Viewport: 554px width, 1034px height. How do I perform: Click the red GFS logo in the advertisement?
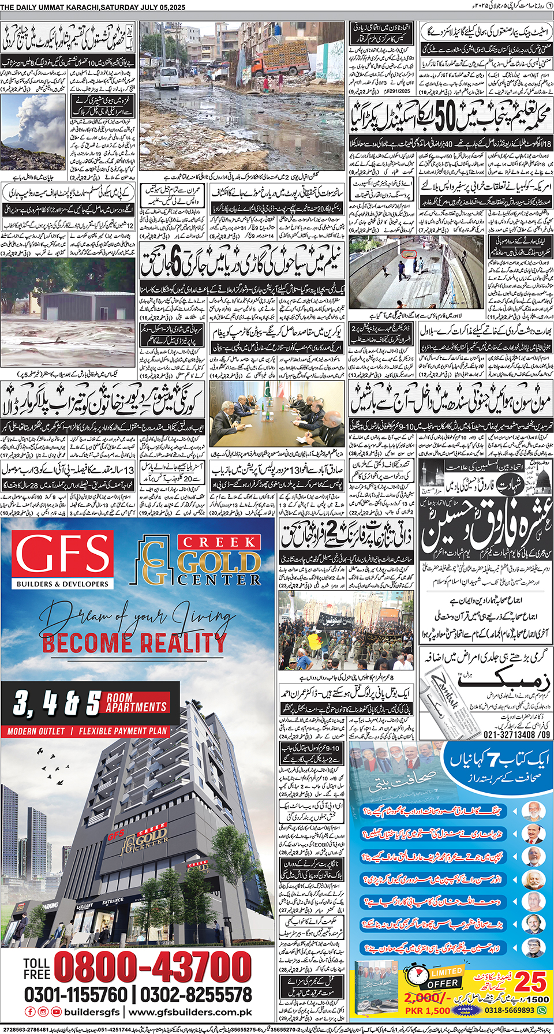click(x=63, y=553)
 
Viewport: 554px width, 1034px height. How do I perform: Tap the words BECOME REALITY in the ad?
click(x=134, y=643)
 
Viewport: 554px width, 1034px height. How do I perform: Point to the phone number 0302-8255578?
click(x=196, y=995)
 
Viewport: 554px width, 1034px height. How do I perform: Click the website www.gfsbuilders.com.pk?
click(x=190, y=1012)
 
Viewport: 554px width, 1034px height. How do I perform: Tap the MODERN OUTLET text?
click(x=36, y=731)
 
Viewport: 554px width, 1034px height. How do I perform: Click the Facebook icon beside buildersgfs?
click(x=30, y=1012)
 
